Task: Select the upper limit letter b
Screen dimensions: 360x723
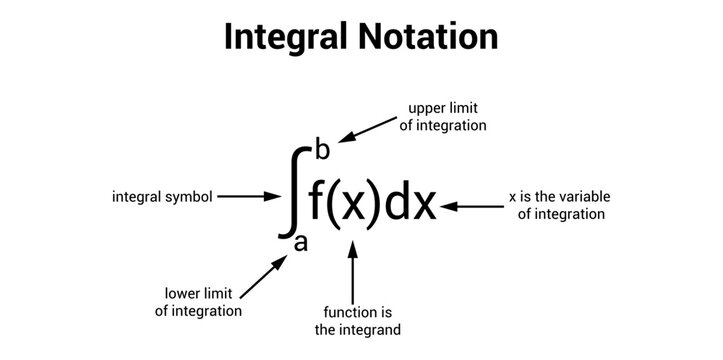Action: coord(322,151)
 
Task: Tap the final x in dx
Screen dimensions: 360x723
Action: coord(425,206)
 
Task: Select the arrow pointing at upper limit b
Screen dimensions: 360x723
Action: coord(370,129)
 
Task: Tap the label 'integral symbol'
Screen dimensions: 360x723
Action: coord(162,197)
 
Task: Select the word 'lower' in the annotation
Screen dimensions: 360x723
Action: coord(185,293)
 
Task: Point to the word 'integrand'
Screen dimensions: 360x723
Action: coord(369,328)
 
